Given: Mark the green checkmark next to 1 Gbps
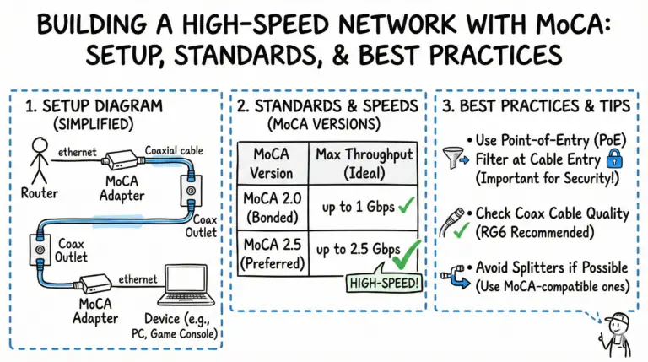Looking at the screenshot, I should [402, 207].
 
